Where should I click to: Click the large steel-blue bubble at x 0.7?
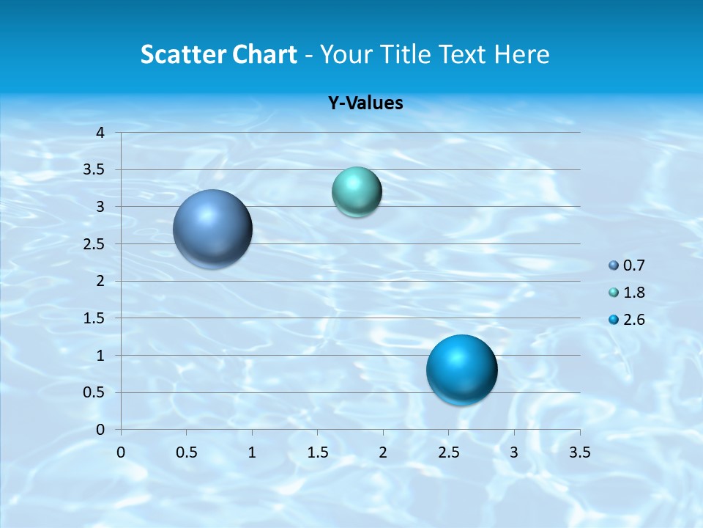click(x=213, y=229)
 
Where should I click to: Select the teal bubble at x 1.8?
click(x=357, y=191)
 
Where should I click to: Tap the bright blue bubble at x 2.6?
click(x=462, y=370)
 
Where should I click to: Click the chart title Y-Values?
click(x=365, y=103)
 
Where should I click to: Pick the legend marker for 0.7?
click(x=614, y=265)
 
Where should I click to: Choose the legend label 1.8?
click(x=634, y=293)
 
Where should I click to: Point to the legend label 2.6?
click(x=634, y=320)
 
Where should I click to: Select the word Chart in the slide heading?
click(x=264, y=54)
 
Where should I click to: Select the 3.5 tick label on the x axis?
click(x=579, y=452)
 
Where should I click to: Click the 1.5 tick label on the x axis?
click(x=317, y=452)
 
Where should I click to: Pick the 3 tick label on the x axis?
click(x=514, y=452)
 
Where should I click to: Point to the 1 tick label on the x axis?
click(x=252, y=452)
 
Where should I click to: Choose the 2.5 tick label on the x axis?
click(x=448, y=452)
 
